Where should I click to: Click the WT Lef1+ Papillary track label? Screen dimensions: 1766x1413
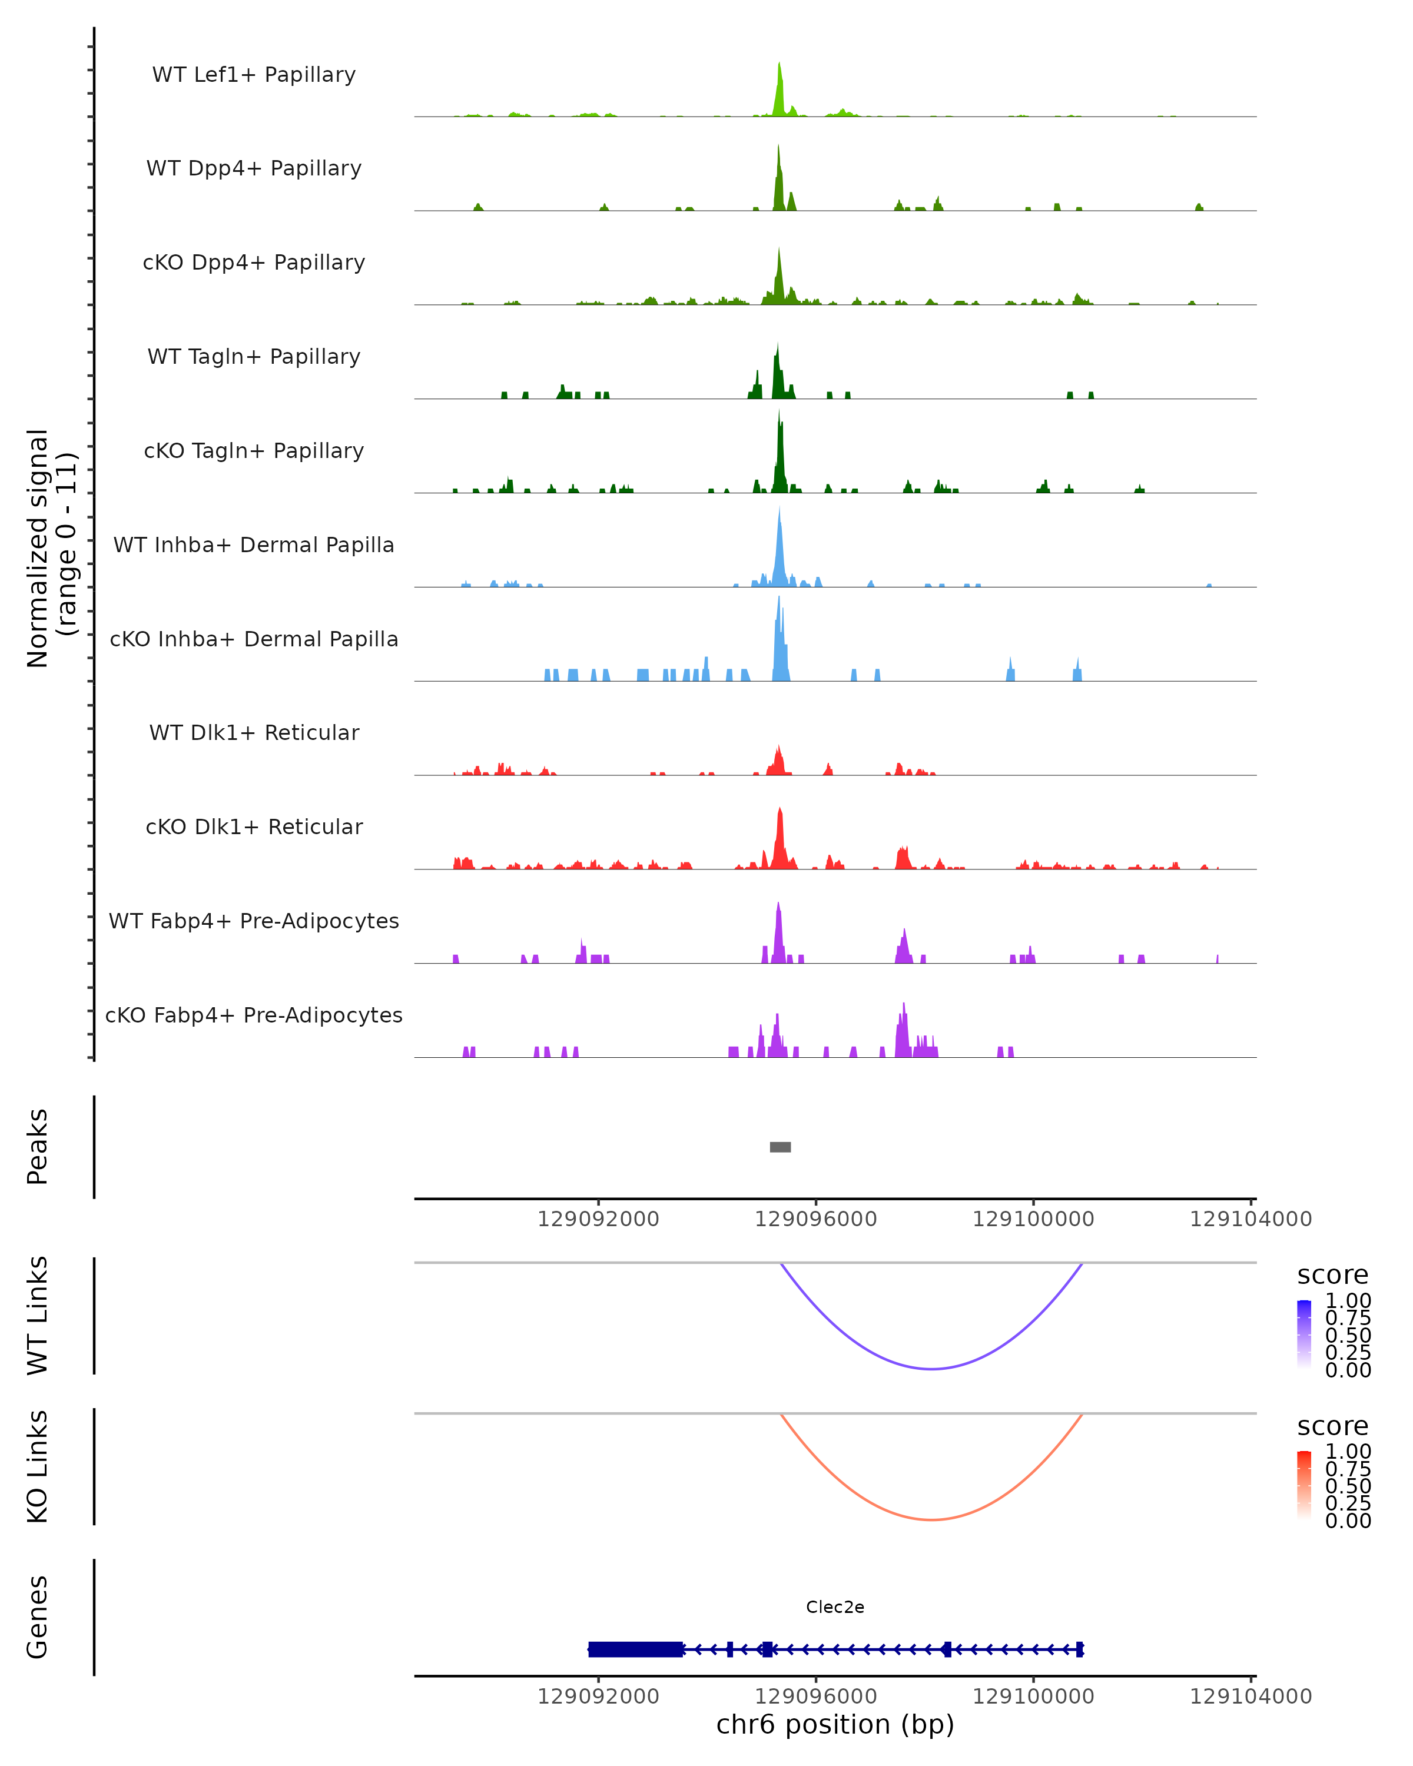click(254, 75)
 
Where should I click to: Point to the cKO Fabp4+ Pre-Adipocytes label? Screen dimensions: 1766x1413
click(254, 1015)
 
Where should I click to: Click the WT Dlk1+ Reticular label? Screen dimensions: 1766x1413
click(254, 732)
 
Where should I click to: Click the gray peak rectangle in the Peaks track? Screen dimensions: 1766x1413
click(780, 1147)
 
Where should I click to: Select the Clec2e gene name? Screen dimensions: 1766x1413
click(835, 1606)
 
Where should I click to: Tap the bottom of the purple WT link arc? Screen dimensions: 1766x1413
click(931, 1368)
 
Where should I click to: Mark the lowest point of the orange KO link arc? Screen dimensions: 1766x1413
click(931, 1519)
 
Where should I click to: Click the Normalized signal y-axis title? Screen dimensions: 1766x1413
click(51, 548)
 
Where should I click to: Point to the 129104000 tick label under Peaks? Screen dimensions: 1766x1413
click(1250, 1219)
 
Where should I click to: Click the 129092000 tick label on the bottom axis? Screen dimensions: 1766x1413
click(598, 1697)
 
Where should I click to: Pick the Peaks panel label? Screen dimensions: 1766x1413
click(38, 1147)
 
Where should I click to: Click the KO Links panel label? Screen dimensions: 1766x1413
click(38, 1466)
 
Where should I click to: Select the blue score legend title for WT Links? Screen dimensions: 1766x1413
click(1332, 1276)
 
